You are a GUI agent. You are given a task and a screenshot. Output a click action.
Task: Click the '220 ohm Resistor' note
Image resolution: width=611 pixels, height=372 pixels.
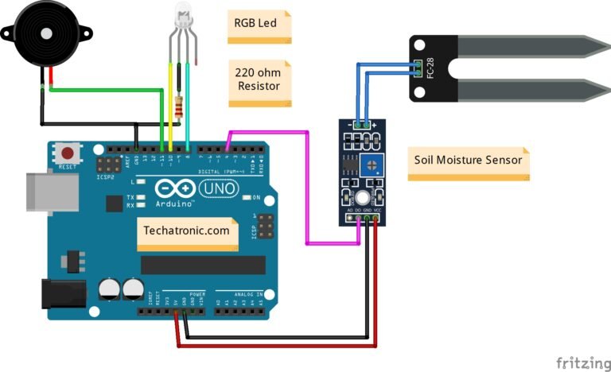click(x=258, y=79)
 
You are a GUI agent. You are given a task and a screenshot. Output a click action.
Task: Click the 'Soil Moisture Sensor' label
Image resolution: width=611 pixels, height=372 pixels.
click(x=468, y=160)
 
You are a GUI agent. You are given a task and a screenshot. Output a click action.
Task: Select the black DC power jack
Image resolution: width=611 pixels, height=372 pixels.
click(x=64, y=293)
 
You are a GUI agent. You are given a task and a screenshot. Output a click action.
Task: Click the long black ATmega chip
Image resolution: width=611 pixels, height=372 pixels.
click(x=203, y=265)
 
